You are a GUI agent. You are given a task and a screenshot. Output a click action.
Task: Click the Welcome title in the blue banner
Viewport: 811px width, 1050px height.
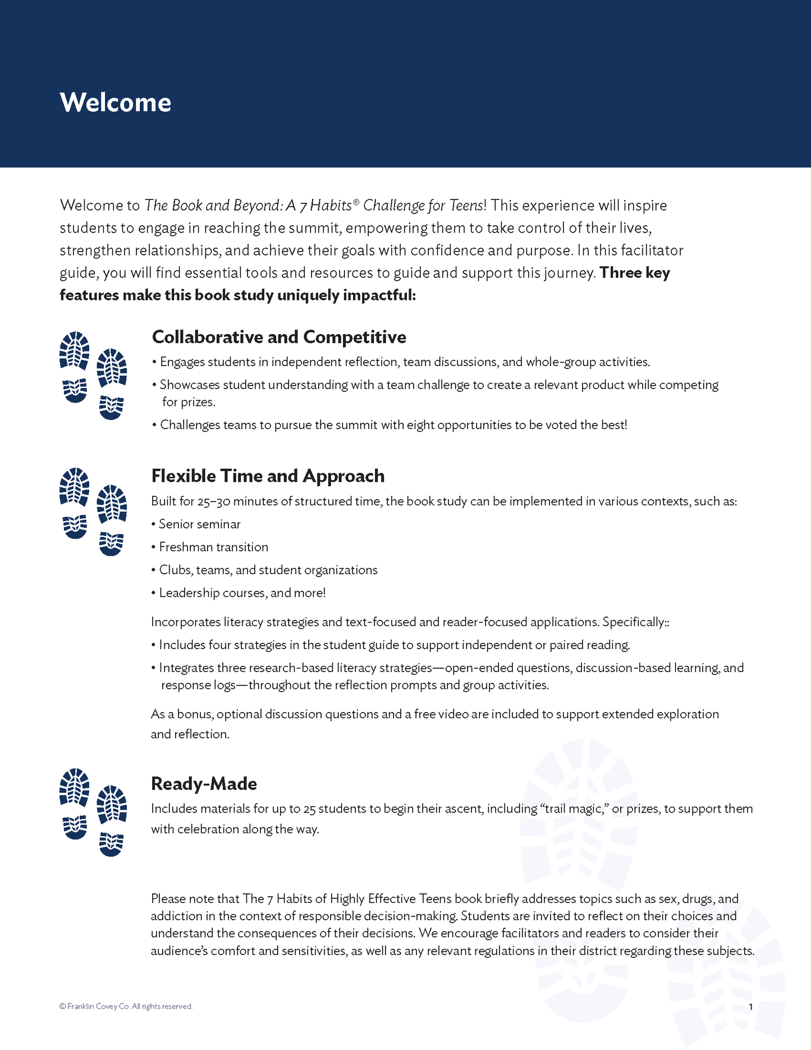pos(115,102)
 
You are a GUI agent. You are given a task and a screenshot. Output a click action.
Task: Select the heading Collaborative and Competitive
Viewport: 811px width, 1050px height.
pos(279,337)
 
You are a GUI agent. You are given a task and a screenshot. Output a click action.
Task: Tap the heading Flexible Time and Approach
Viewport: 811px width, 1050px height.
pos(268,476)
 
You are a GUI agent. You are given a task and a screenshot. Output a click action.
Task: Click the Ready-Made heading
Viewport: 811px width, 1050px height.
pos(204,783)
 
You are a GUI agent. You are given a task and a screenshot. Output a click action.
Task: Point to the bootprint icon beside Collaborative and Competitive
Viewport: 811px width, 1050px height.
pos(93,375)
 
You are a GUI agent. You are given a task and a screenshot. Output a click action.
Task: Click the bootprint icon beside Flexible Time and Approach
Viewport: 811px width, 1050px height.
pos(93,512)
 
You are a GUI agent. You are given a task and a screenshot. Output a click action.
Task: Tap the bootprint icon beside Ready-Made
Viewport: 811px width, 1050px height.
pos(93,812)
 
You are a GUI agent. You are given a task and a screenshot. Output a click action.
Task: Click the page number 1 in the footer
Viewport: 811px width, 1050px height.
pos(751,1007)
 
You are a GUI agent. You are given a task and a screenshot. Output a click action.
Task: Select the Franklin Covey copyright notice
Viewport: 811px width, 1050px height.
pos(126,1006)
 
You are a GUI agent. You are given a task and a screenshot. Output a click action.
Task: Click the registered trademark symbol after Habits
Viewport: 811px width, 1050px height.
pos(356,201)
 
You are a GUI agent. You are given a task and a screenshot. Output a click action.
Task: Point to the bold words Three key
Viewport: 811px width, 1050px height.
pos(635,273)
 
